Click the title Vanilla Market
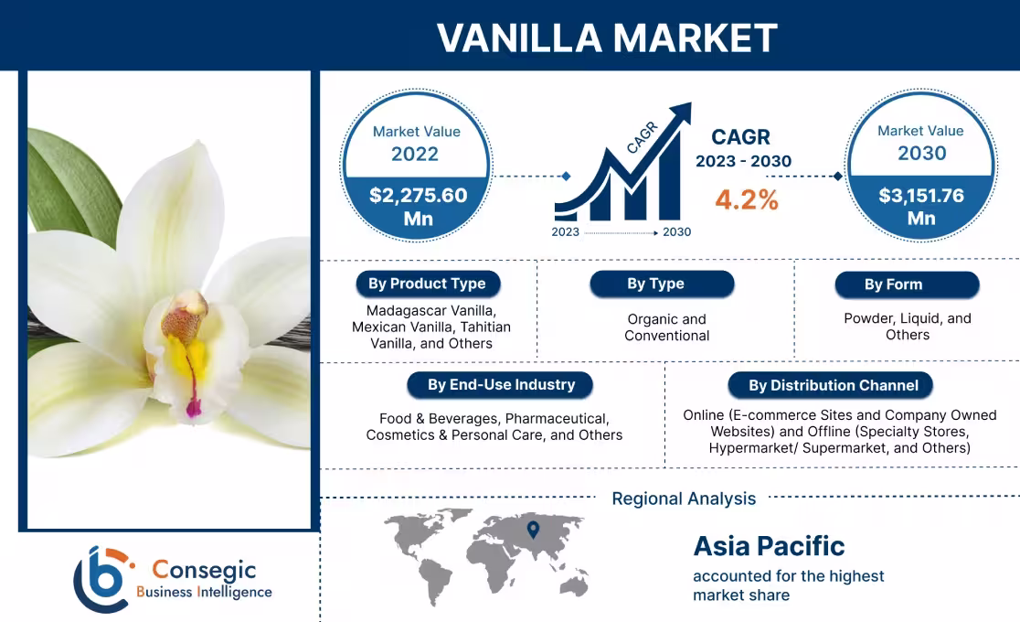point(607,38)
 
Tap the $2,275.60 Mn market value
point(418,206)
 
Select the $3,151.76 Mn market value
point(920,206)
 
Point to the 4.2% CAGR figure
point(747,200)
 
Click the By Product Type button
point(427,284)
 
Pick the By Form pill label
point(893,284)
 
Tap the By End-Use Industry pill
point(501,384)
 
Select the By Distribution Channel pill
point(833,385)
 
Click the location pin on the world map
point(533,529)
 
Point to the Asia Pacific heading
point(769,546)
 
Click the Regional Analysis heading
point(684,499)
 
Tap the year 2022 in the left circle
point(415,154)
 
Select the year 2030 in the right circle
point(921,153)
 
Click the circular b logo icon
point(102,579)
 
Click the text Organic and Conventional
point(666,327)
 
